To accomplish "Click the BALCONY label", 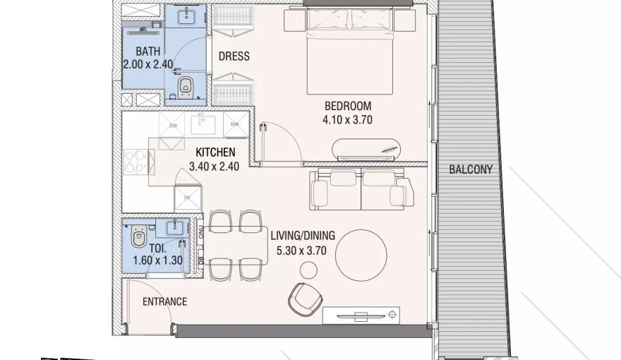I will pos(471,170).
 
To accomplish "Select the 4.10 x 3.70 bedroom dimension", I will pos(348,120).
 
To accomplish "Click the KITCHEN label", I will pos(215,152).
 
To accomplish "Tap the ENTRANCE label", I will pos(164,301).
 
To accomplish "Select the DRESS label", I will pos(234,56).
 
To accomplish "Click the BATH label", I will pos(147,51).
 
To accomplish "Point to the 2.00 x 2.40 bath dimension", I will pos(147,64).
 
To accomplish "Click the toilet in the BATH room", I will pos(186,88).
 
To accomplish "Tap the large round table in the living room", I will pos(361,256).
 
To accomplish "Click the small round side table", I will pos(308,269).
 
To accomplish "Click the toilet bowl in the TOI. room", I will pos(139,232).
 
